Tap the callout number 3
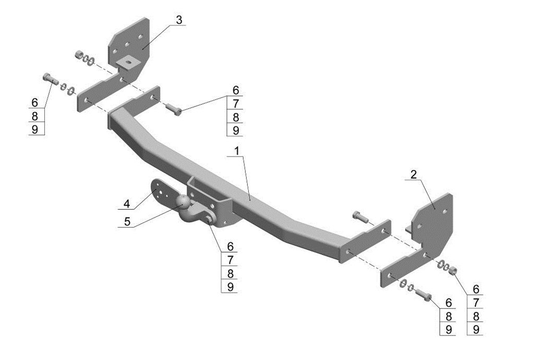point(179,20)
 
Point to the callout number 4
point(126,203)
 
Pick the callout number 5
point(127,222)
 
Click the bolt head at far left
point(45,77)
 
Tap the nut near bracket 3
point(79,54)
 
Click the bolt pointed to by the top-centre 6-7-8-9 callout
point(174,109)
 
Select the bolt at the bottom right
point(425,295)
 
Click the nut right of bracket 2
point(453,270)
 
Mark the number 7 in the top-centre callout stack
point(236,103)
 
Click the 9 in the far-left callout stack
point(35,129)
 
